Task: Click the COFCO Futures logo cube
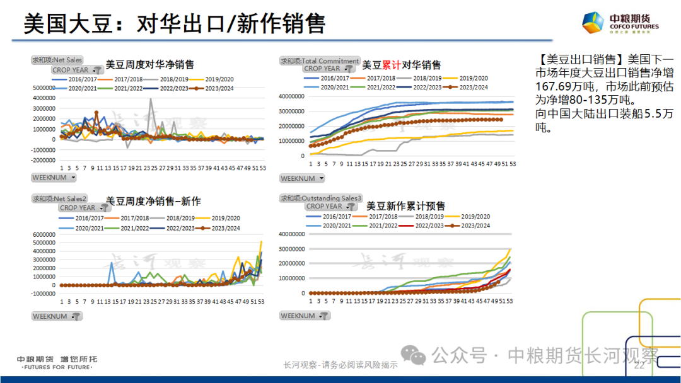pyautogui.click(x=594, y=22)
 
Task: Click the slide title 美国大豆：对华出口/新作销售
pyautogui.click(x=174, y=23)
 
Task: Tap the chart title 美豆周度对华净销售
pyautogui.click(x=150, y=64)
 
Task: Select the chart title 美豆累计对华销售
pyautogui.click(x=401, y=64)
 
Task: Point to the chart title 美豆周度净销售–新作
pyautogui.click(x=153, y=202)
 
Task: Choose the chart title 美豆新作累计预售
pyautogui.click(x=405, y=206)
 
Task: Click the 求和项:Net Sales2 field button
pyautogui.click(x=59, y=198)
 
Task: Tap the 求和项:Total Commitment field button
pyautogui.click(x=320, y=60)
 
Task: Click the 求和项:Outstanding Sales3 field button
pyautogui.click(x=322, y=198)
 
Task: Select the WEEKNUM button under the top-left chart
pyautogui.click(x=54, y=178)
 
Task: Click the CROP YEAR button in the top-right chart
pyautogui.click(x=327, y=69)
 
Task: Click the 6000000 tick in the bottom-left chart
pyautogui.click(x=45, y=234)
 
